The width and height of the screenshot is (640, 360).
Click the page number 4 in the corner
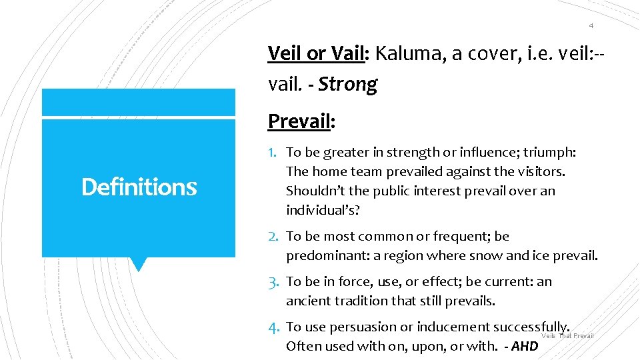[591, 25]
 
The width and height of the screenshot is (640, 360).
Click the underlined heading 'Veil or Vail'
[317, 53]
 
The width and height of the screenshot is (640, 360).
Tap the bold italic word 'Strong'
[347, 84]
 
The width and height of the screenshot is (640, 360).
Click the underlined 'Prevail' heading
[299, 121]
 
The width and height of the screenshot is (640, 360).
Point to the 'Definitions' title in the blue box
[139, 187]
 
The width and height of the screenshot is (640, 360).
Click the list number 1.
[273, 153]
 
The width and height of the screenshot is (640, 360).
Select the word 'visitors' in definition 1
[539, 172]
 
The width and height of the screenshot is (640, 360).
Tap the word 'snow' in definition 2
[487, 255]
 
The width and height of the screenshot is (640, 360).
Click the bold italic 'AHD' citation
[525, 346]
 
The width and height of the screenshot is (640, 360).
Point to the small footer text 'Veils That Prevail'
[567, 336]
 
